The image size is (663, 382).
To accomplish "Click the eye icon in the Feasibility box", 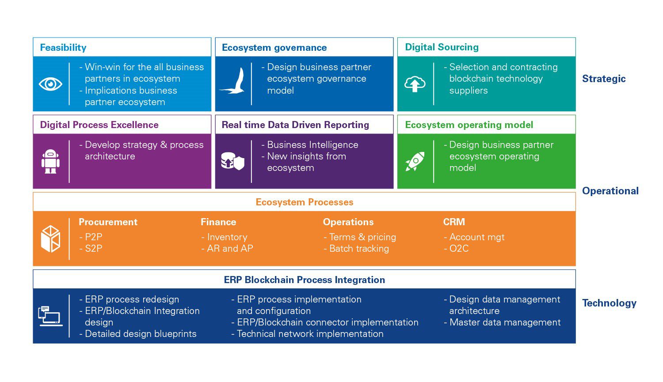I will [x=50, y=84].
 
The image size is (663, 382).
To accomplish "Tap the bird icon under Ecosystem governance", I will [x=233, y=81].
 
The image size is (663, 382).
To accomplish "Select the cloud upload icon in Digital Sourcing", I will [x=415, y=84].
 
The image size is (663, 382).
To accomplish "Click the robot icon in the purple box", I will [x=50, y=161].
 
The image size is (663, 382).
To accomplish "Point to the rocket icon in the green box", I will [x=415, y=161].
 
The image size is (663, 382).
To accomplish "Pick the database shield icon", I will [x=232, y=161].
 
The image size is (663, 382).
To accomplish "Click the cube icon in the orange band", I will [x=50, y=239].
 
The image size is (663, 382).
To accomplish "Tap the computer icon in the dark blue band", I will [x=50, y=316].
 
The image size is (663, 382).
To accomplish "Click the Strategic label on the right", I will [x=604, y=79].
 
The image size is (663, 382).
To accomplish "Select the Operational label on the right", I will [x=610, y=191].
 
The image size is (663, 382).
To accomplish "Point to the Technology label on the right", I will [x=609, y=303].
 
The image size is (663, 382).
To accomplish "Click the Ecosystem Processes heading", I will [x=305, y=202].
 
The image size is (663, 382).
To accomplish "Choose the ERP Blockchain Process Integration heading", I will [x=305, y=280].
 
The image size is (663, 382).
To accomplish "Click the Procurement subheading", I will [x=108, y=222].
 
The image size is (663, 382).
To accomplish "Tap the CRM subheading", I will [x=454, y=222].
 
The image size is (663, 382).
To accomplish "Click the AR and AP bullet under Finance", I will [x=229, y=249].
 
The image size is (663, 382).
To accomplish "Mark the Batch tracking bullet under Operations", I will [x=358, y=249].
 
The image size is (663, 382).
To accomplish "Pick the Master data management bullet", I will [x=504, y=322].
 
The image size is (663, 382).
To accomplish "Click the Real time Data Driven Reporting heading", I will [x=295, y=125].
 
